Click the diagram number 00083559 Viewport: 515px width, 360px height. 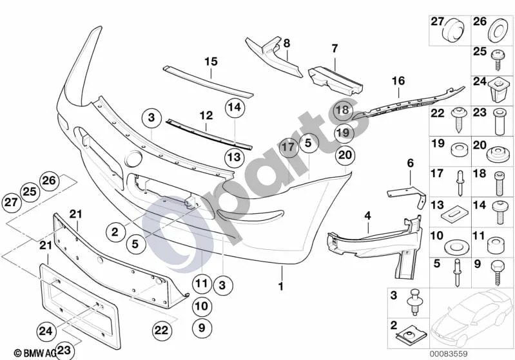point(449,354)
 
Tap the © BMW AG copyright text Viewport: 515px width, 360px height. point(35,353)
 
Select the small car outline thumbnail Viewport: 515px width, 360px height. point(471,318)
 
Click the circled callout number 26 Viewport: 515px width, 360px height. point(49,180)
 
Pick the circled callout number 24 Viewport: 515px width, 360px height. point(46,331)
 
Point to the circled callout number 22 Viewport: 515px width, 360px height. point(161,330)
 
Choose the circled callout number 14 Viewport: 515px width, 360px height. point(235,108)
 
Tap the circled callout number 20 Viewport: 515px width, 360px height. point(345,155)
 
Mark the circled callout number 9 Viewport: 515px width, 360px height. point(202,328)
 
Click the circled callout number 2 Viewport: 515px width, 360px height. point(115,232)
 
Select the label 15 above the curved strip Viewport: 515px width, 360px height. point(211,61)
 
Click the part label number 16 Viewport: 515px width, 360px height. point(398,81)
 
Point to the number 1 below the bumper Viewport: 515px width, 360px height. point(281,287)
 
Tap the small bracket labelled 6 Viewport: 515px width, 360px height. point(407,196)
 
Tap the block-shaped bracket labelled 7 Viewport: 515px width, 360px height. point(335,81)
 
